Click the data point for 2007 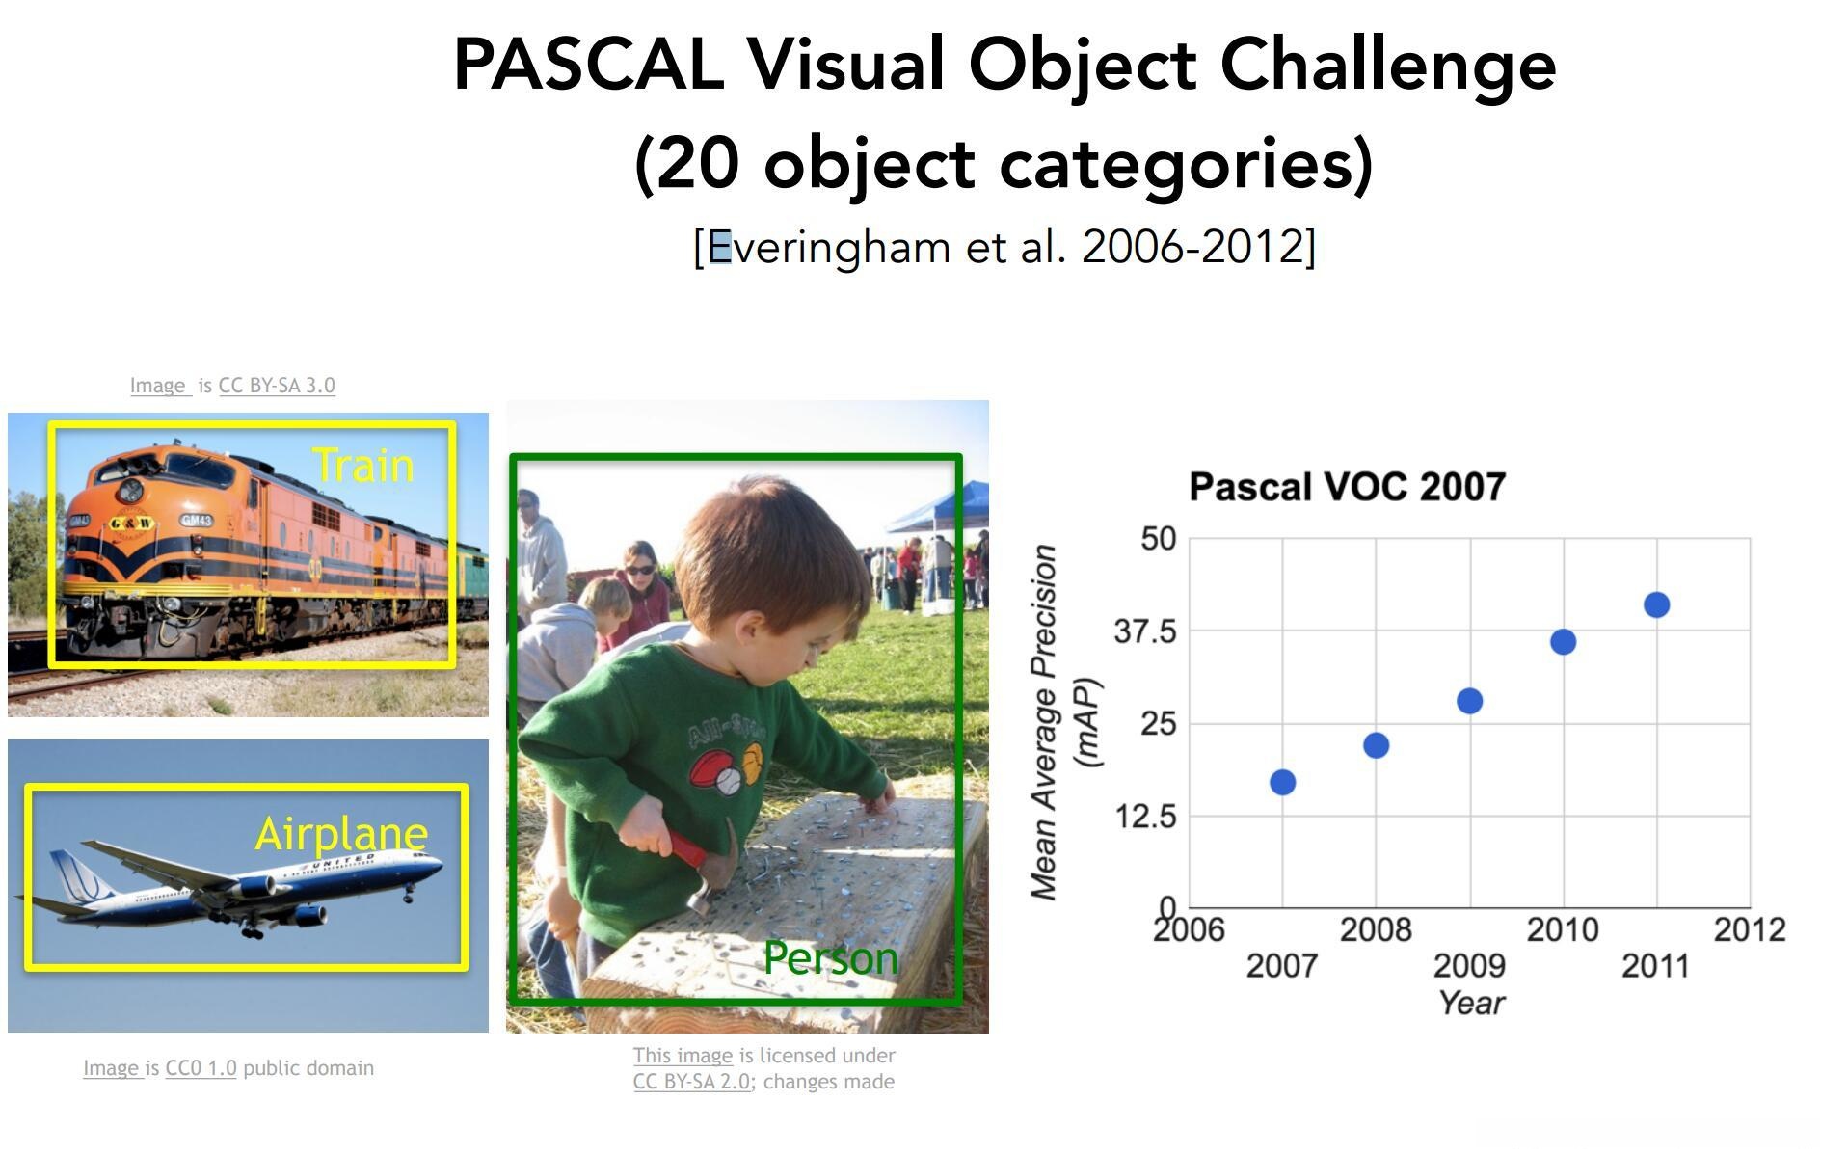coord(1282,782)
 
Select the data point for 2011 coord(1656,604)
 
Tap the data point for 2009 coord(1469,701)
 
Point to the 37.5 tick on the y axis coord(1145,631)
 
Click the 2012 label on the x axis coord(1750,929)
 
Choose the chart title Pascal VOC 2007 coord(1348,487)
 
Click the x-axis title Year coord(1472,1003)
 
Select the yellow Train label coord(363,466)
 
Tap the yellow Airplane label coord(341,834)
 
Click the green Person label coord(831,958)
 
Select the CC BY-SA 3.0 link coord(277,386)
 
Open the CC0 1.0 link coord(201,1068)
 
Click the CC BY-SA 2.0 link coord(691,1082)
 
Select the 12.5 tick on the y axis coord(1145,817)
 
